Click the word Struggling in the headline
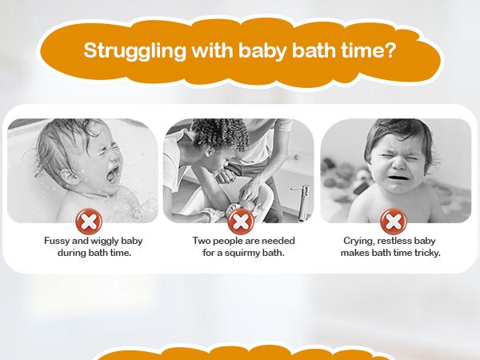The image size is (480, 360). coord(134,51)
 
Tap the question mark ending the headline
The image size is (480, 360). coord(389,50)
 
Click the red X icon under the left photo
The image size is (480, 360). coord(89,222)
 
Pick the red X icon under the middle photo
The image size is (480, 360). coord(241,222)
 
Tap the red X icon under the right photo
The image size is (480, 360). coord(394,222)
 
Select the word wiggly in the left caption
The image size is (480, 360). coord(105,242)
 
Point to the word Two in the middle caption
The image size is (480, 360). coord(202,241)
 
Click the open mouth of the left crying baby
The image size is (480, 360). coord(112,174)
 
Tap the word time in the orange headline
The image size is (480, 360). coord(359,50)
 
